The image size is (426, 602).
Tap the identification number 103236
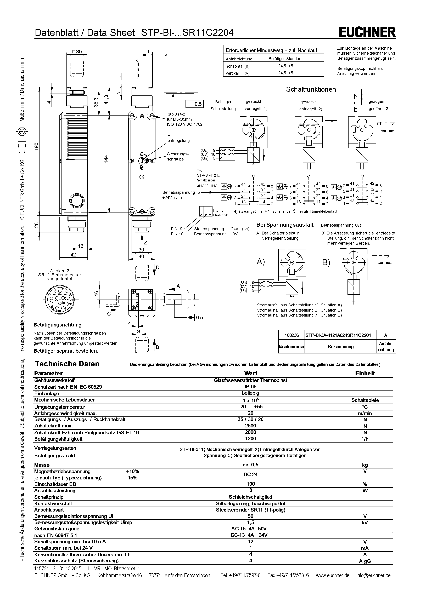click(x=292, y=335)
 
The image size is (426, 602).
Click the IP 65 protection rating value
click(x=250, y=386)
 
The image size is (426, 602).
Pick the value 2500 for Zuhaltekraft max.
click(x=250, y=426)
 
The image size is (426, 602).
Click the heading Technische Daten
click(x=67, y=364)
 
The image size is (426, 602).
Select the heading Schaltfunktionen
click(x=311, y=89)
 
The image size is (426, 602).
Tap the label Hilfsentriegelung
click(x=178, y=138)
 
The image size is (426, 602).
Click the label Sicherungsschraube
click(x=178, y=157)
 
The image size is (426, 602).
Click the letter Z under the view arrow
click(x=145, y=243)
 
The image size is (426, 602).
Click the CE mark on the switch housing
click(x=141, y=177)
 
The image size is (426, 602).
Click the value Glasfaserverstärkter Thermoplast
click(x=250, y=380)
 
